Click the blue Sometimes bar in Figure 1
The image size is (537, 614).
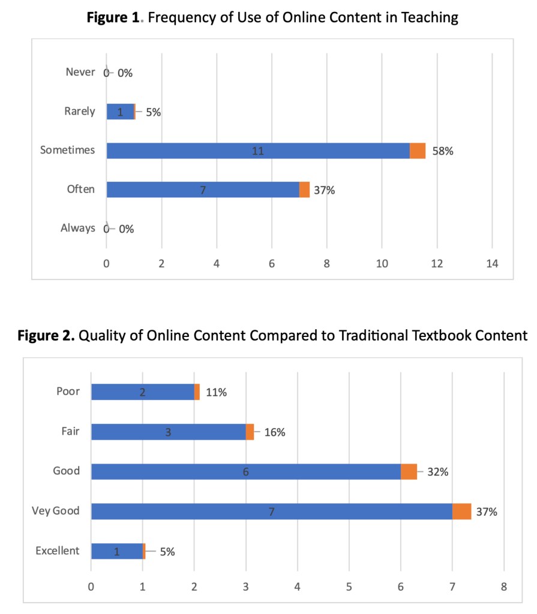(258, 151)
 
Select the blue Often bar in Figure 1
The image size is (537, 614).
(203, 189)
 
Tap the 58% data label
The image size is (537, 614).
(443, 151)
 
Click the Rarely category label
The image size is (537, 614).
(80, 112)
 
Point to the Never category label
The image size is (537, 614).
(80, 73)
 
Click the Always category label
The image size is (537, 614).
(78, 228)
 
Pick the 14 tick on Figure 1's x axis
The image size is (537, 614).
(491, 263)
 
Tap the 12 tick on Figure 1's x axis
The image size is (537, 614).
(437, 263)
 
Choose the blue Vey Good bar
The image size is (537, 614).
(271, 511)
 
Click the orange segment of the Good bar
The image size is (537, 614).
(409, 472)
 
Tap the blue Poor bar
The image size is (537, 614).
(143, 392)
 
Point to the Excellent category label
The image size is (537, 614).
(57, 550)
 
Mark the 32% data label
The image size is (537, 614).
(438, 472)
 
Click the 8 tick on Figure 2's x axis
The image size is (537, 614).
(503, 586)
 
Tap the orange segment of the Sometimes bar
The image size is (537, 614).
(418, 151)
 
